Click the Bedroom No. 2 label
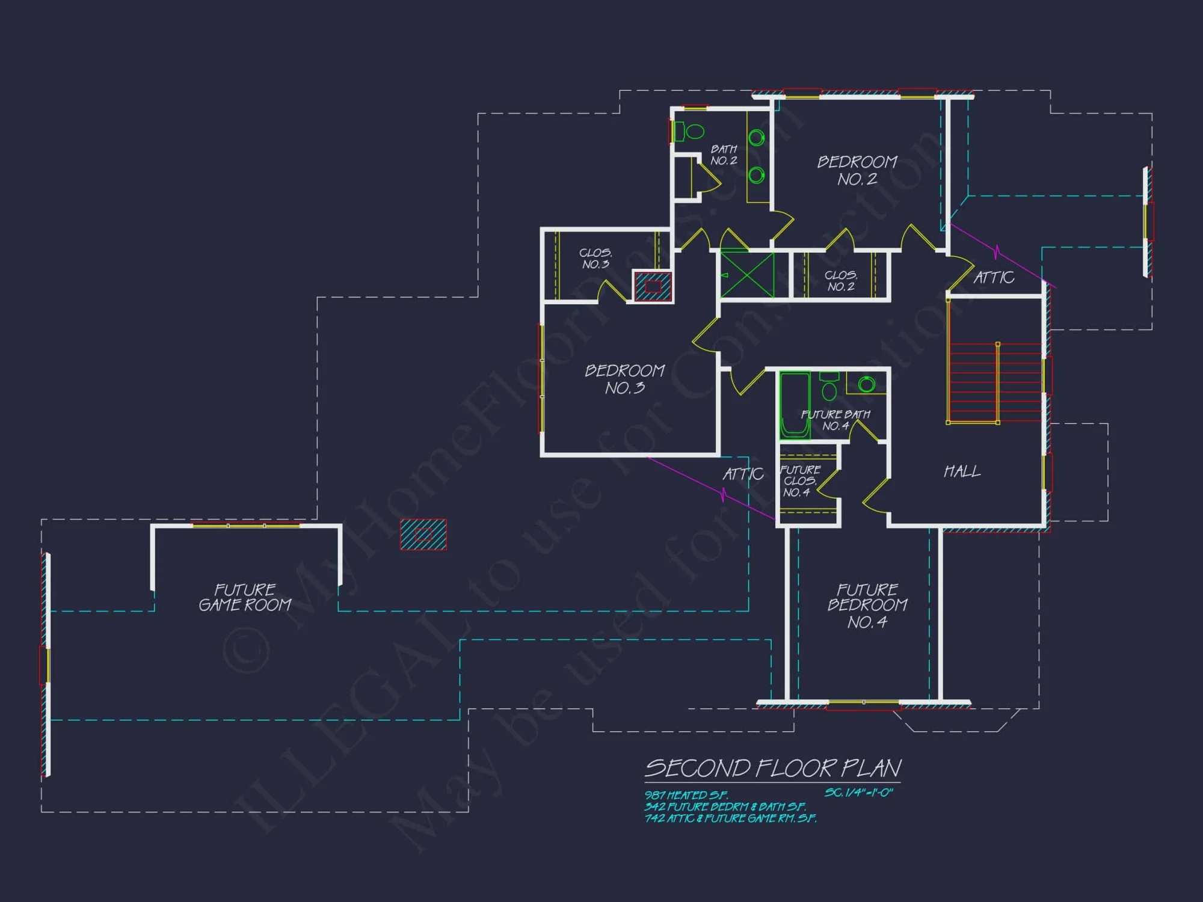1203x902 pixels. click(857, 170)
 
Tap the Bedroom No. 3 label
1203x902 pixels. click(625, 379)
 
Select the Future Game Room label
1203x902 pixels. click(245, 597)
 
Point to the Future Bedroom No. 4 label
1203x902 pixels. click(867, 606)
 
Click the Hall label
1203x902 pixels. click(962, 471)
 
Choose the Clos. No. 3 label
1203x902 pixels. click(595, 259)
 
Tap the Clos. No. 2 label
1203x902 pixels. click(840, 281)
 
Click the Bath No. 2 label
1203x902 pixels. click(724, 155)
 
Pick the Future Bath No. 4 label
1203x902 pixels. click(835, 420)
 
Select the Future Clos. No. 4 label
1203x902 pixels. click(799, 480)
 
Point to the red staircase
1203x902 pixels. click(995, 382)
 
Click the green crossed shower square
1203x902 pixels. click(748, 275)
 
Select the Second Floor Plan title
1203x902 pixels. click(773, 768)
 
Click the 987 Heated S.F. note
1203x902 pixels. click(686, 795)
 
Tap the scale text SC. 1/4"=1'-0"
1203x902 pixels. click(858, 793)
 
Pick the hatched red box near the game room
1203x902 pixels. click(423, 534)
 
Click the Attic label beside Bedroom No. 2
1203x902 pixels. click(994, 277)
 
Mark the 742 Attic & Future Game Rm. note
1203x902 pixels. click(730, 818)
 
